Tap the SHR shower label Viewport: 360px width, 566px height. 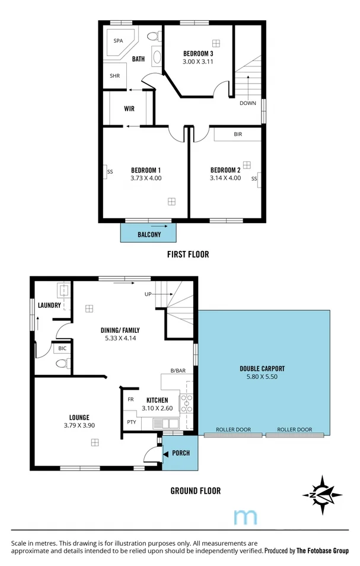pos(115,76)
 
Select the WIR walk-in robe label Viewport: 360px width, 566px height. pos(129,109)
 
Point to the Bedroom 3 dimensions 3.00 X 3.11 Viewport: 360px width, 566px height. pos(197,61)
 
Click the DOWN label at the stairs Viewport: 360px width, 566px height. pos(248,103)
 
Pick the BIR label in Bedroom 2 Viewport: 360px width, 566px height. pos(238,135)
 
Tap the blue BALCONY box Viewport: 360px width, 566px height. pos(149,234)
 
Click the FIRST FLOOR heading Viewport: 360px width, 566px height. pos(188,255)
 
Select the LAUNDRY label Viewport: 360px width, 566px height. pos(49,306)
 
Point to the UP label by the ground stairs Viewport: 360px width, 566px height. pos(148,294)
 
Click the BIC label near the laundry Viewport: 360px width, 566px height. pos(62,349)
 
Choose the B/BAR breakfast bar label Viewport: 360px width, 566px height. pos(178,371)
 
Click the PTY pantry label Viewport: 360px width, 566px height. pos(131,422)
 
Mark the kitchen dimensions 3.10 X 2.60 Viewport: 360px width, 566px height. pos(157,408)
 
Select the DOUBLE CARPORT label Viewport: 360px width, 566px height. pos(262,368)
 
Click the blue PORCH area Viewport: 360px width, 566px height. pos(180,453)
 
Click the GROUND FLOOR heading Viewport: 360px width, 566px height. pos(195,491)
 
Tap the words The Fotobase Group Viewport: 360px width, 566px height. pos(323,551)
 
